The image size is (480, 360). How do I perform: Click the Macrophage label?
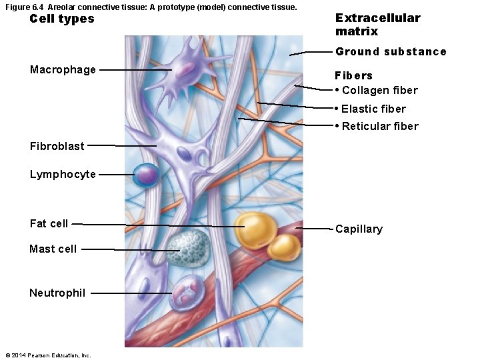click(x=63, y=69)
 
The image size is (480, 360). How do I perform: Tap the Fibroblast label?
click(x=57, y=145)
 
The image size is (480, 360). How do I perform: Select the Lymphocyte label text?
click(x=63, y=174)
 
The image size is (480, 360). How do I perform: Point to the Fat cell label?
click(x=49, y=223)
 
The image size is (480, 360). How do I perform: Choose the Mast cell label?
click(x=53, y=249)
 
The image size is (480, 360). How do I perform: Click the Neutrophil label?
click(x=57, y=293)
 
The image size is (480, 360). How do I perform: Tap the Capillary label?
click(x=359, y=229)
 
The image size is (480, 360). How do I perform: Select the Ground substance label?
click(x=391, y=51)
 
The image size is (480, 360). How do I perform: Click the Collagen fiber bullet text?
click(x=379, y=90)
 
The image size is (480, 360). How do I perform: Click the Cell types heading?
click(x=62, y=19)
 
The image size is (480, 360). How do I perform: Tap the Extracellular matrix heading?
click(x=377, y=25)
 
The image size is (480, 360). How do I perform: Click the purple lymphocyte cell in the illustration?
click(x=146, y=175)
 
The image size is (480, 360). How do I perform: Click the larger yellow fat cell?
click(x=255, y=229)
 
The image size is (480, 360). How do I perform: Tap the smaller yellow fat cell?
click(x=285, y=247)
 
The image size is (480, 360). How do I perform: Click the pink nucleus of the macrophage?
click(x=181, y=67)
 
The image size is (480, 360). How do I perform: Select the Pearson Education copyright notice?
click(x=47, y=355)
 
